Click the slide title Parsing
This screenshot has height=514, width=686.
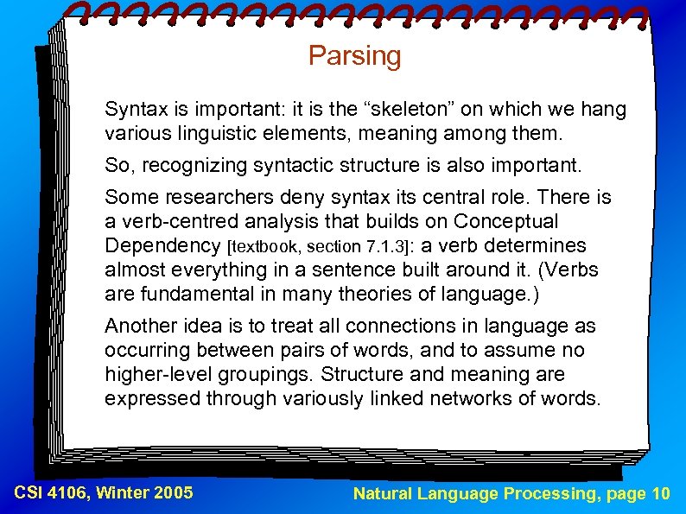pos(354,56)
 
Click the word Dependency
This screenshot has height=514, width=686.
pos(161,246)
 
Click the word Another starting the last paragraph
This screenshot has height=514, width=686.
pos(140,327)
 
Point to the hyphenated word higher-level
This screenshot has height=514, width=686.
pos(156,375)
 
